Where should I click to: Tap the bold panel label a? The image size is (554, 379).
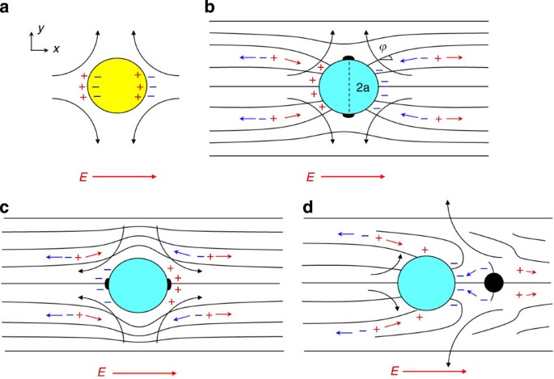point(6,7)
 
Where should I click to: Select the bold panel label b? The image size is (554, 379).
point(210,7)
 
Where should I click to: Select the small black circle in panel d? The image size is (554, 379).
point(494,283)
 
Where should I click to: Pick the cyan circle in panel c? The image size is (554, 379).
point(137,284)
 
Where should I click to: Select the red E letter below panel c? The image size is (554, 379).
point(101,372)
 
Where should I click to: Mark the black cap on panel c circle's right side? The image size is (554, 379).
point(168,284)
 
